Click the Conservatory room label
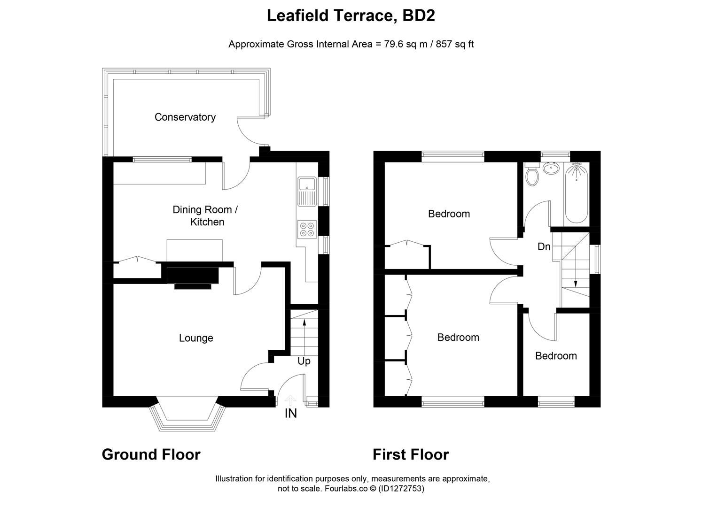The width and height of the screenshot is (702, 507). pyautogui.click(x=185, y=117)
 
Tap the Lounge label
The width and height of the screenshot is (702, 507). pyautogui.click(x=196, y=338)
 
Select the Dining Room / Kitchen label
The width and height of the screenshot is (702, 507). pyautogui.click(x=205, y=215)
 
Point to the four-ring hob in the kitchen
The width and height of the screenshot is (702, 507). pyautogui.click(x=307, y=229)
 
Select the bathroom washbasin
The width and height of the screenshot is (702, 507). pyautogui.click(x=550, y=168)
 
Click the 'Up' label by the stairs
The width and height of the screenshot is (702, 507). pyautogui.click(x=304, y=361)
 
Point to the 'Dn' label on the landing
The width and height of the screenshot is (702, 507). pyautogui.click(x=544, y=246)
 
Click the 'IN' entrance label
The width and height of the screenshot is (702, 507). pyautogui.click(x=291, y=414)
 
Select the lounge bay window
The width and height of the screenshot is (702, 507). pyautogui.click(x=187, y=417)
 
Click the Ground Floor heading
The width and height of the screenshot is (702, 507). pyautogui.click(x=151, y=454)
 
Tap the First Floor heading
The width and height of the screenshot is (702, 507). pyautogui.click(x=411, y=454)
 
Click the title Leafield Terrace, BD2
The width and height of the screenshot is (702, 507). pyautogui.click(x=351, y=15)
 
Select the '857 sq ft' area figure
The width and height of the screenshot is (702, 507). pyautogui.click(x=455, y=44)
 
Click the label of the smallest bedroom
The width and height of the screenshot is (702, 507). pyautogui.click(x=556, y=356)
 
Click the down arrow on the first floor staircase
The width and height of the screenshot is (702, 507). pyautogui.click(x=576, y=283)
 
